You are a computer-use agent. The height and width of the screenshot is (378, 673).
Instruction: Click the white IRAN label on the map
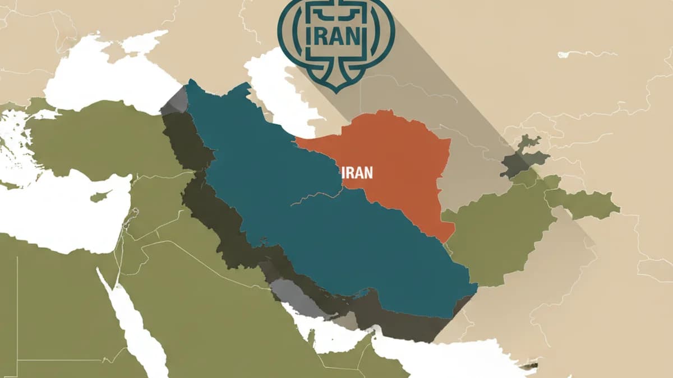point(357,172)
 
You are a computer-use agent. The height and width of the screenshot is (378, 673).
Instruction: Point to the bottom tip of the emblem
point(336,90)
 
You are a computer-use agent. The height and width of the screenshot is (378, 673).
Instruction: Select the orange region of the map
point(393,162)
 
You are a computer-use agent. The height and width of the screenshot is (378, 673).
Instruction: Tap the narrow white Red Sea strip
point(135,325)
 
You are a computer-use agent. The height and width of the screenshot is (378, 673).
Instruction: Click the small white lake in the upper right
point(583,54)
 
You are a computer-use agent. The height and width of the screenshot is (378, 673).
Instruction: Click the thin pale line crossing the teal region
point(314,196)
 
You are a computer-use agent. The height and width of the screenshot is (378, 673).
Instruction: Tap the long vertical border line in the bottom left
point(17,314)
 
